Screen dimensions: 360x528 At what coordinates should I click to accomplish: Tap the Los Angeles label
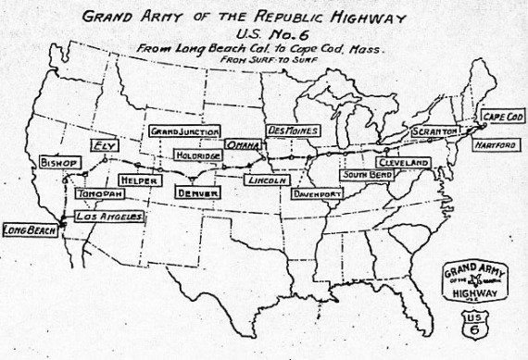coord(108,217)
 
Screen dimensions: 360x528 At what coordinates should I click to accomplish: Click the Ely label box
coord(101,144)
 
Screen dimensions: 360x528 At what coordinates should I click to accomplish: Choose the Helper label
coord(138,180)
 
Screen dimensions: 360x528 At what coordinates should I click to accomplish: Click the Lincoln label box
coord(270,180)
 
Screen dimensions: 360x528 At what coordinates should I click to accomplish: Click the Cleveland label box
coord(403,162)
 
